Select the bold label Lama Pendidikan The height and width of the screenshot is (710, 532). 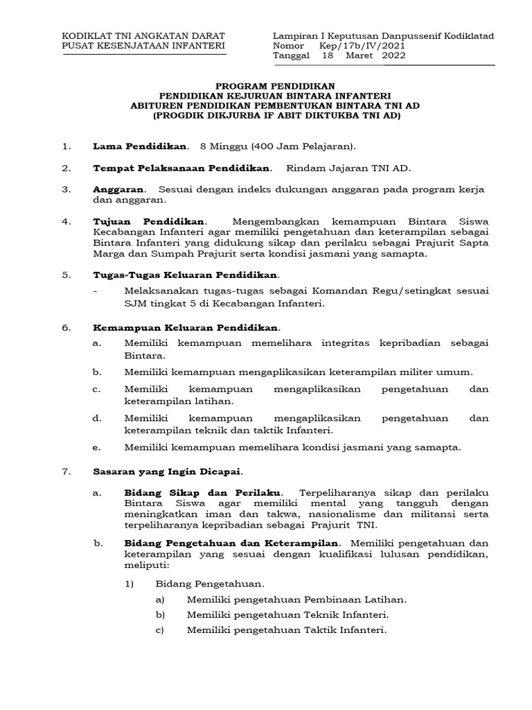click(x=140, y=146)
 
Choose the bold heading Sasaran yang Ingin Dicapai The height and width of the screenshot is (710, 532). click(x=167, y=471)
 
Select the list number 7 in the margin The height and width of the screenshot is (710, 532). click(x=66, y=471)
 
